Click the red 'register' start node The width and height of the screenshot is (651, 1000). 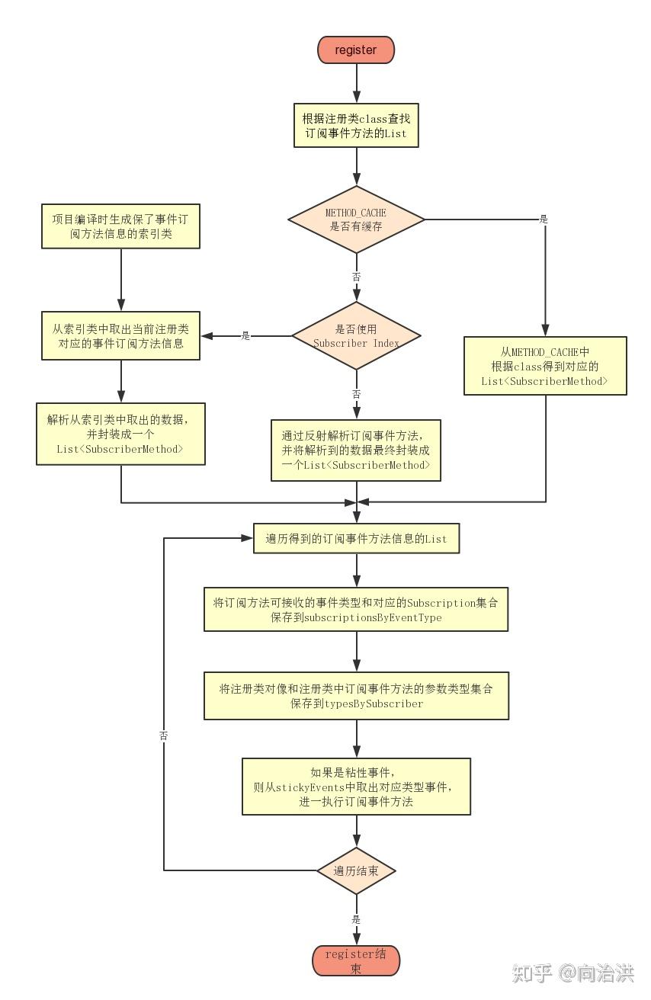pyautogui.click(x=356, y=50)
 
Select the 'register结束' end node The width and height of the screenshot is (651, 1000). pyautogui.click(x=356, y=960)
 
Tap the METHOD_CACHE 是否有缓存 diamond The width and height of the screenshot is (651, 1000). pyautogui.click(x=356, y=220)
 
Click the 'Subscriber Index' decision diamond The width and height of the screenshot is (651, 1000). pyautogui.click(x=356, y=335)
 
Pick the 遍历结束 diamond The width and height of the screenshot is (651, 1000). pyautogui.click(x=356, y=870)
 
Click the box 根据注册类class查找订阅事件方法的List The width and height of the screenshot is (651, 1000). pyautogui.click(x=356, y=126)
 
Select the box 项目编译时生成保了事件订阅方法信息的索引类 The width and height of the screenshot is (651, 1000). pyautogui.click(x=120, y=226)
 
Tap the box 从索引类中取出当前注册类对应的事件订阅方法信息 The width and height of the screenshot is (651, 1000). pyautogui.click(x=120, y=336)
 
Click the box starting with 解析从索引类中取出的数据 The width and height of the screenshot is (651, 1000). pyautogui.click(x=120, y=434)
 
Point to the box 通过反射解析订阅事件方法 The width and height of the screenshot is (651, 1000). pyautogui.click(x=356, y=450)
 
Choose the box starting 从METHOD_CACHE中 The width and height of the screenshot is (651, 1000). pyautogui.click(x=545, y=366)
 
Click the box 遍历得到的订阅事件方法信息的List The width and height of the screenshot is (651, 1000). pyautogui.click(x=356, y=538)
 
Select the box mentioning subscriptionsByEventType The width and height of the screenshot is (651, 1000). pyautogui.click(x=356, y=609)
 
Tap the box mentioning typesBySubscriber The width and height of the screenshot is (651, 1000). pyautogui.click(x=356, y=695)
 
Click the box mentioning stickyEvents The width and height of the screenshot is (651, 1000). pyautogui.click(x=356, y=786)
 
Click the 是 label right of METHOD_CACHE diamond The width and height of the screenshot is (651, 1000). pyautogui.click(x=544, y=220)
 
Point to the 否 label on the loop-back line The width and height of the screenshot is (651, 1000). pyautogui.click(x=164, y=736)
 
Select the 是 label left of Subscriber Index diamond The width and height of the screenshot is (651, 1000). pyautogui.click(x=245, y=335)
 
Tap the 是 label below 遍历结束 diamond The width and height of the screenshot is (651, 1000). pyautogui.click(x=356, y=920)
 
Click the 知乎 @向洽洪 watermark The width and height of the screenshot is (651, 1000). pyautogui.click(x=572, y=973)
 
